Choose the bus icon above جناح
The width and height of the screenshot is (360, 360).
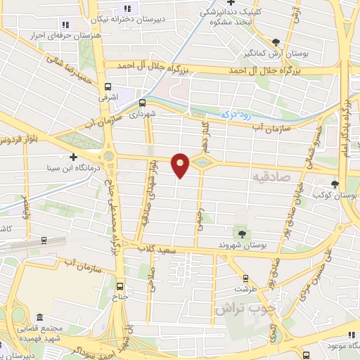pos(120,285)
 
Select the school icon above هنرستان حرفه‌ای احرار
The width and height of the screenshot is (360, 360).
pos(65,23)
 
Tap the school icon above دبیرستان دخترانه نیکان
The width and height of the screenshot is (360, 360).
pos(127,8)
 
